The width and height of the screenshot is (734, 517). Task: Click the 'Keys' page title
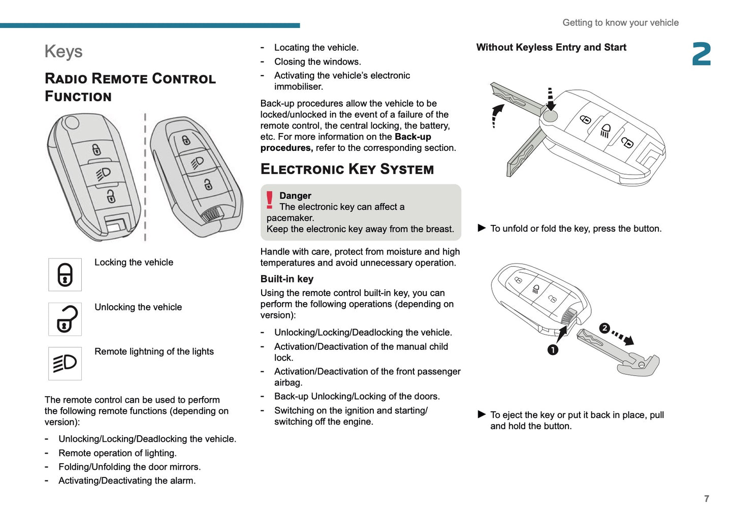(63, 51)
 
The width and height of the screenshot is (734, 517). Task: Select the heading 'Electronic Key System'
(347, 169)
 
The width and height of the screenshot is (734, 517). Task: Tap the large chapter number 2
(701, 54)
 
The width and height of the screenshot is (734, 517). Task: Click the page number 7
(706, 499)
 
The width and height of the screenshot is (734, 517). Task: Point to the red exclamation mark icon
(269, 200)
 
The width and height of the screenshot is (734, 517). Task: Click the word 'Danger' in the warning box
(295, 196)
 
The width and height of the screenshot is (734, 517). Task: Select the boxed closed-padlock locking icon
(65, 275)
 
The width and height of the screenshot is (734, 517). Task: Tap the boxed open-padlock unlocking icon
(65, 319)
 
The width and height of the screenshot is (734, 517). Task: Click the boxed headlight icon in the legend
(65, 364)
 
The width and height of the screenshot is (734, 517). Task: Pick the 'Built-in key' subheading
(287, 279)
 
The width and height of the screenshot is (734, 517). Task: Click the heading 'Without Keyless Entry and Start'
(551, 47)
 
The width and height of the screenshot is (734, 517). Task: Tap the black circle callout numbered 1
(553, 350)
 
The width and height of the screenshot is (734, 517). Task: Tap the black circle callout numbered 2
(604, 328)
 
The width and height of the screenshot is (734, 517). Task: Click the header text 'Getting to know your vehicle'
(620, 22)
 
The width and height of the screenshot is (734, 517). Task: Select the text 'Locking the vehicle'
(134, 262)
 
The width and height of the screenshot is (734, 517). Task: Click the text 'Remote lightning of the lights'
(154, 351)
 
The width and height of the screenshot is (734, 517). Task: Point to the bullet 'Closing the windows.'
(317, 61)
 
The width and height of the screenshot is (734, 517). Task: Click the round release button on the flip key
(550, 116)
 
